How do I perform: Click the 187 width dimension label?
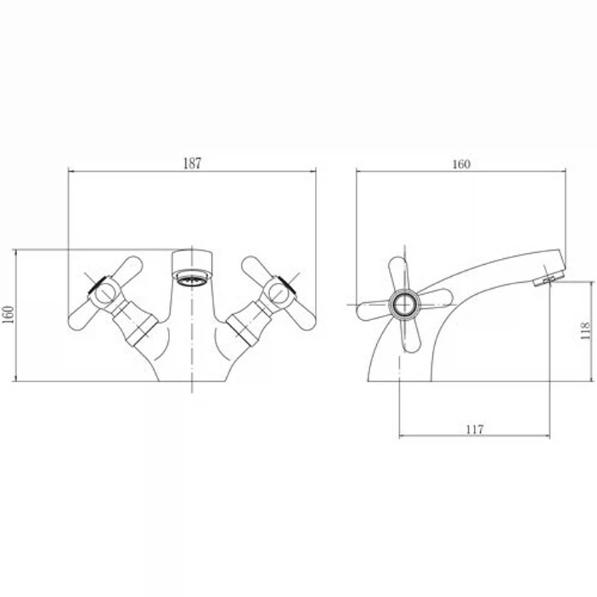pos(192,163)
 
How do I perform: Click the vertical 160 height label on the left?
pos(8,314)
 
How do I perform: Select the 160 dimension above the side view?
pos(461,164)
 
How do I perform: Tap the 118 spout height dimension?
pos(585,331)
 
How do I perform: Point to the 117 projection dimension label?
pos(475,430)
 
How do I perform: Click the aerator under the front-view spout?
pos(192,277)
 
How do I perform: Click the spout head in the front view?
pos(192,260)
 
